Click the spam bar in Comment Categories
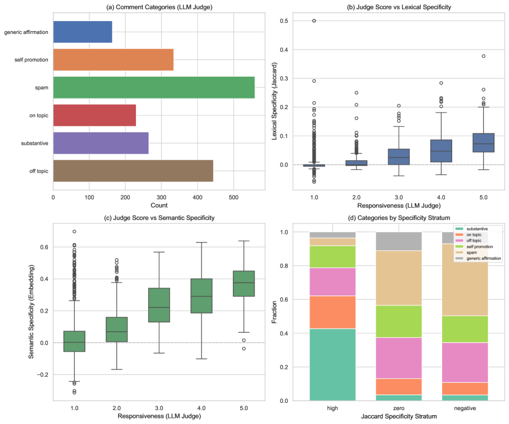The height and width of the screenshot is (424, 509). point(154,87)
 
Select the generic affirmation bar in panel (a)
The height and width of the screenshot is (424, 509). point(82,32)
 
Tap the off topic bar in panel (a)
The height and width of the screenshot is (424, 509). point(133,170)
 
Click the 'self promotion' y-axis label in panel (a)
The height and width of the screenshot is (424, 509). point(32,60)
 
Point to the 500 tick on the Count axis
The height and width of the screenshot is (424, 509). point(233,197)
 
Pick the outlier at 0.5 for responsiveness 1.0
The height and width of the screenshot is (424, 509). point(314,21)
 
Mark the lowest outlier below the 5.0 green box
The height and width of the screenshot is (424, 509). point(243,349)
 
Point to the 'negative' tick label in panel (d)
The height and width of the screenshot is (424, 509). point(464,408)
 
